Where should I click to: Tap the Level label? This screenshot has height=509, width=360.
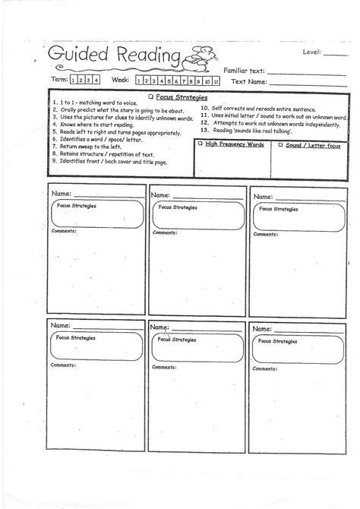pyautogui.click(x=312, y=53)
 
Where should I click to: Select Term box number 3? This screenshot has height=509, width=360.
pyautogui.click(x=89, y=80)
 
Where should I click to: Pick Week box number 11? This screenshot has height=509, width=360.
pyautogui.click(x=216, y=81)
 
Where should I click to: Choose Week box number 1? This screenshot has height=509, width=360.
pyautogui.click(x=139, y=81)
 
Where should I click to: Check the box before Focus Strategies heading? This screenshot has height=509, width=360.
pyautogui.click(x=151, y=96)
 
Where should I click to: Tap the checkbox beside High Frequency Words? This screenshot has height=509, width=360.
pyautogui.click(x=199, y=143)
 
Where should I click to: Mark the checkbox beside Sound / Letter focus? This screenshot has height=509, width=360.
pyautogui.click(x=279, y=143)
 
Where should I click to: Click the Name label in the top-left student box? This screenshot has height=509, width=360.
pyautogui.click(x=62, y=194)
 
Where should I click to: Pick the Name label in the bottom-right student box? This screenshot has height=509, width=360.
pyautogui.click(x=261, y=329)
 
